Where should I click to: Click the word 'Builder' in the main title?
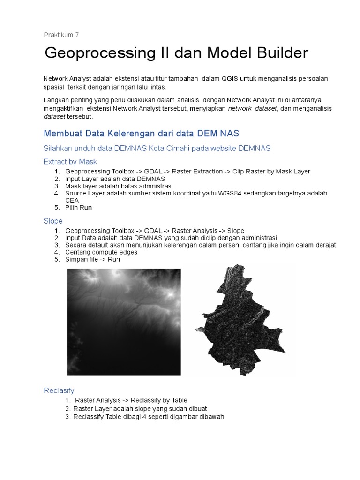tap(279, 53)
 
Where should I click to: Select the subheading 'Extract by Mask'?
tap(70, 161)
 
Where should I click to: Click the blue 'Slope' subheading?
tap(53, 221)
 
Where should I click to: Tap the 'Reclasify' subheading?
tap(59, 390)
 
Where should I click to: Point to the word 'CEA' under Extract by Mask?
tap(72, 200)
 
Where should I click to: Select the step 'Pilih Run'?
tap(79, 207)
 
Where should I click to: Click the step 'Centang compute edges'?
tap(101, 252)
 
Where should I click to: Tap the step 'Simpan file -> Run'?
tap(93, 259)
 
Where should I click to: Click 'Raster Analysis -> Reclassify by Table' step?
tap(131, 400)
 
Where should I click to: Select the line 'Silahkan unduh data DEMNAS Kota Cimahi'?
tap(157, 148)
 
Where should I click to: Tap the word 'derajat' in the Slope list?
tap(323, 245)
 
